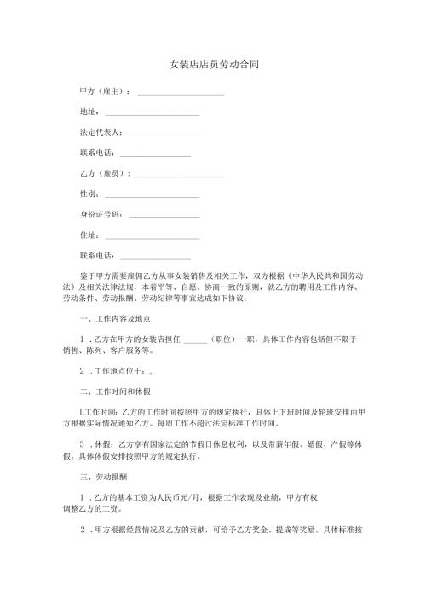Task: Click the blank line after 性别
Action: (x=151, y=194)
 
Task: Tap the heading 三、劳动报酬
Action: (x=101, y=475)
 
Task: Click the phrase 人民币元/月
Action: (x=193, y=496)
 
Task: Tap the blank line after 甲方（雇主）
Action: (x=181, y=90)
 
